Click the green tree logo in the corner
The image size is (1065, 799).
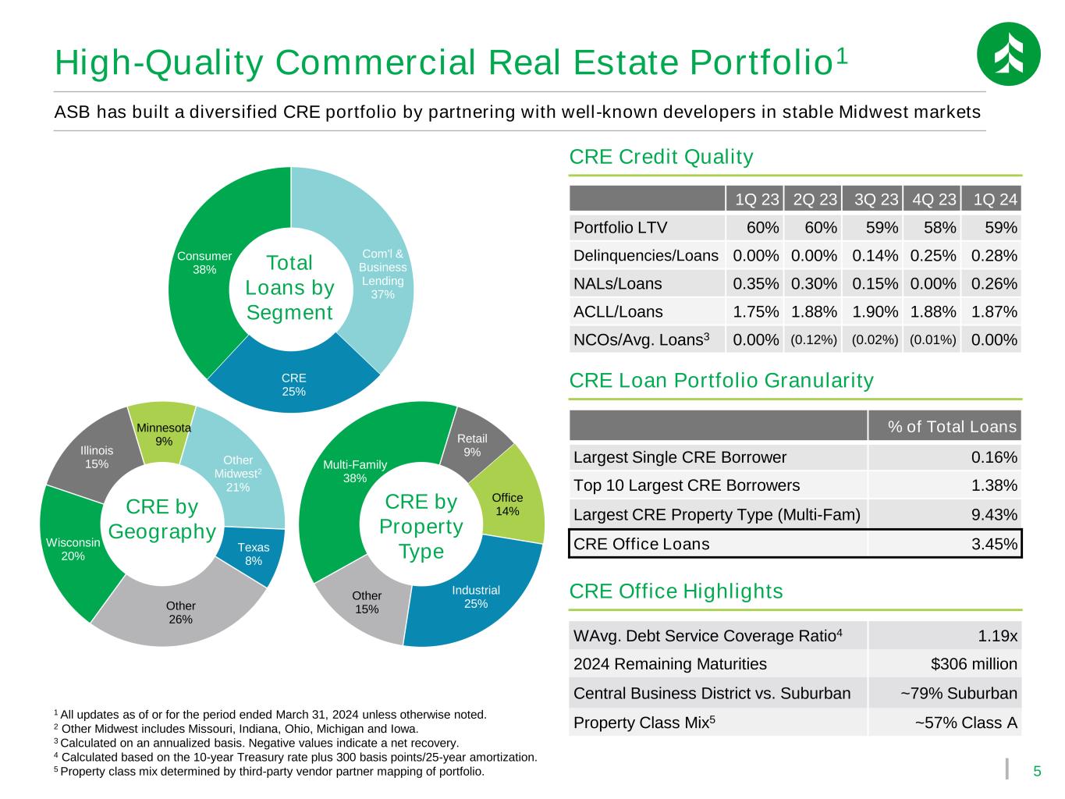1008,54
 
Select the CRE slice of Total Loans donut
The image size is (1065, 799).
293,383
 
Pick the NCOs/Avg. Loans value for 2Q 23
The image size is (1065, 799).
814,339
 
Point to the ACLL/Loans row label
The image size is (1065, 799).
618,312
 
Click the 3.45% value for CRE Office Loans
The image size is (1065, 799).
994,544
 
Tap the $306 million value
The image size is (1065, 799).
974,664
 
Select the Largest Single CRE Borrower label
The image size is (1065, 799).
680,457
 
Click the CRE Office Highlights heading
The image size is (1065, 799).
676,591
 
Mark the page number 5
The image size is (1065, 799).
1037,771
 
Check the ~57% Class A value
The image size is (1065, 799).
966,723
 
